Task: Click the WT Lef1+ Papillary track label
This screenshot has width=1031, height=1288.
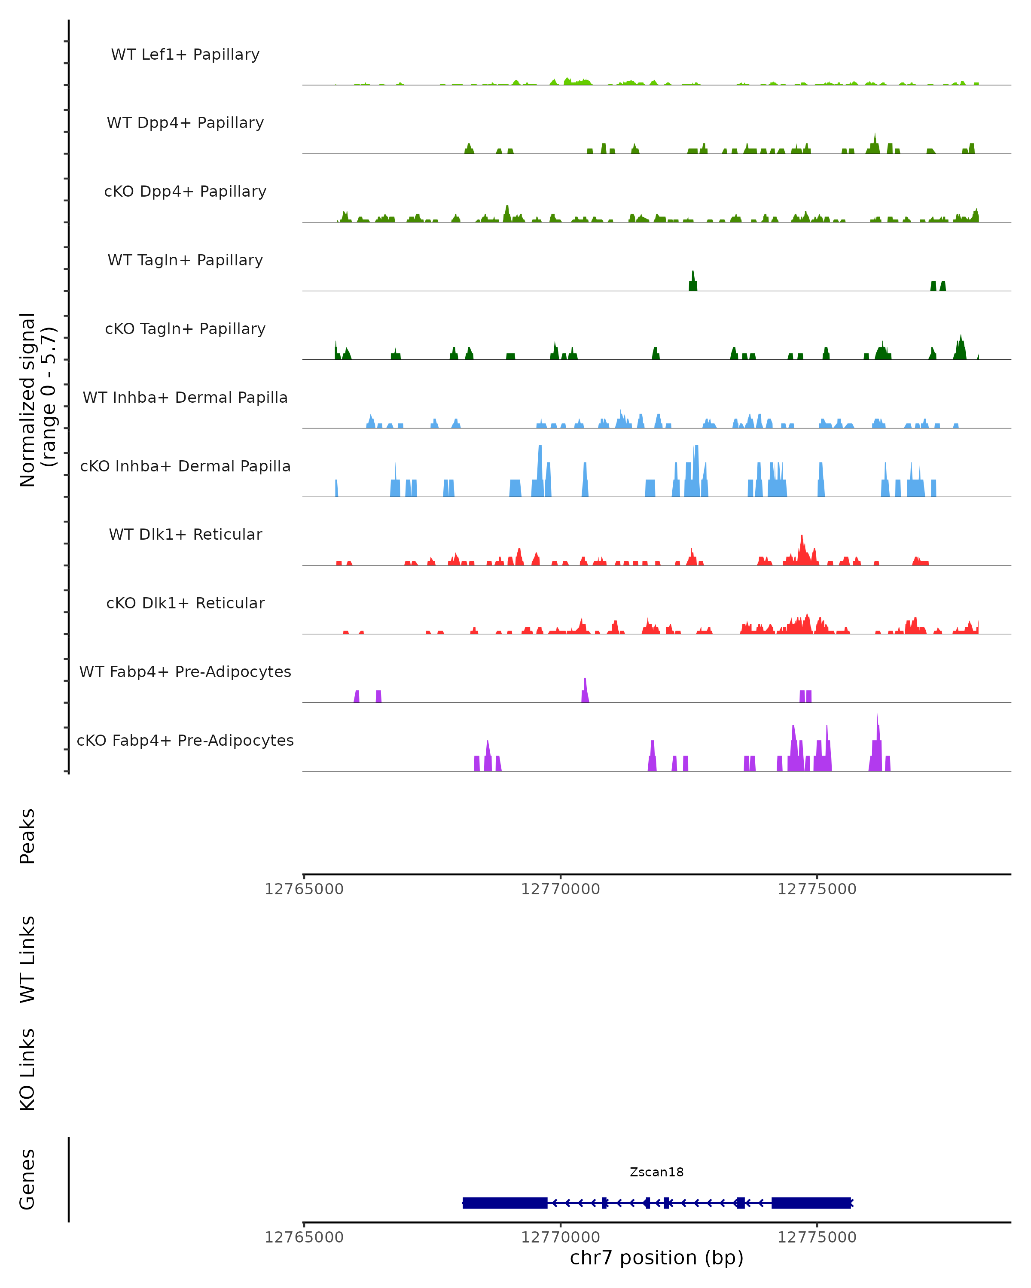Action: coord(185,55)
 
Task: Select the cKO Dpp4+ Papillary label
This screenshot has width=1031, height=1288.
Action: coord(185,192)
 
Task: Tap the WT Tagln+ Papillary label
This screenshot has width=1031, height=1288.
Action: coord(185,261)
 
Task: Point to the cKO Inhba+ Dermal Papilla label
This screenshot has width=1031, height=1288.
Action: coord(185,467)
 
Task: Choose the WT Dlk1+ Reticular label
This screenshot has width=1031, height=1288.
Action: coord(185,535)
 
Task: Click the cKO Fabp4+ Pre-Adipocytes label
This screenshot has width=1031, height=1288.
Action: coord(185,741)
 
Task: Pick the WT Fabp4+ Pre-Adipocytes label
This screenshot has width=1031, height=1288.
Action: coord(185,672)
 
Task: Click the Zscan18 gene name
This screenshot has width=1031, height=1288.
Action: coord(656,1172)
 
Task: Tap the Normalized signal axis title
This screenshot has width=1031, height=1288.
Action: coord(37,400)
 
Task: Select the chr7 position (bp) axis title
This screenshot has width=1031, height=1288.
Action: coord(656,1258)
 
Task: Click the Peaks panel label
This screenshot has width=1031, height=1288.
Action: coord(27,836)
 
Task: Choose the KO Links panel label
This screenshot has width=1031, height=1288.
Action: coord(27,1069)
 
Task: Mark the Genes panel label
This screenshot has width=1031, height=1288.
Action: coord(27,1179)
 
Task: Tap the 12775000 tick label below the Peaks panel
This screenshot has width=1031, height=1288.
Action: coord(817,889)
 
